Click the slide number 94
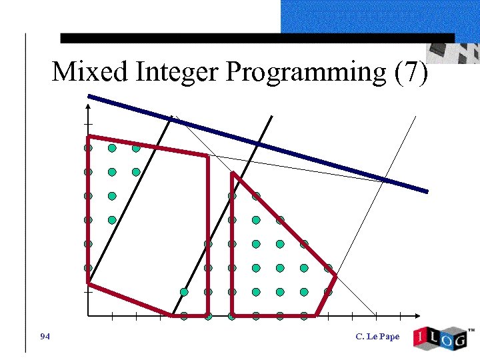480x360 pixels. [45, 336]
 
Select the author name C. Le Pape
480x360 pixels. [378, 336]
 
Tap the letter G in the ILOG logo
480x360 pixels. [457, 339]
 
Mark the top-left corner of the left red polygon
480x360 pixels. [89, 137]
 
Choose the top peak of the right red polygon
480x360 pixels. [232, 174]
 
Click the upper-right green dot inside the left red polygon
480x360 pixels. [136, 148]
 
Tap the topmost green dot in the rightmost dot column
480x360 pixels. [328, 268]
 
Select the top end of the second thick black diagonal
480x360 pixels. [271, 117]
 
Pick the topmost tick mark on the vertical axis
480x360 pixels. [88, 125]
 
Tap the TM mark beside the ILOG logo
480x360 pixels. [471, 330]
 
